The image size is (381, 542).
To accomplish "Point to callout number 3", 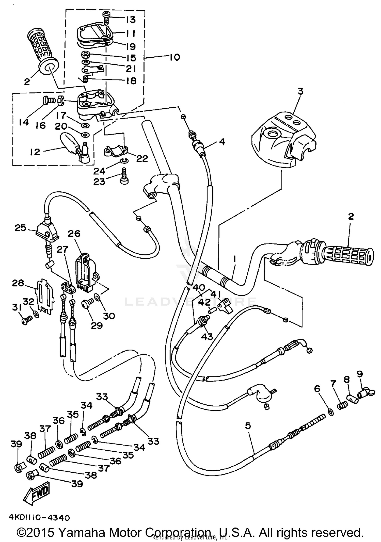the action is click(300, 91).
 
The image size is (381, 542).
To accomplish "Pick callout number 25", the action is click(20, 228).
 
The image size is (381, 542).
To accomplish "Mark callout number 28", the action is click(18, 283).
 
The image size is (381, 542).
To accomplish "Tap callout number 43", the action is click(207, 337).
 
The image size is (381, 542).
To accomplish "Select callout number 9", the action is click(359, 374).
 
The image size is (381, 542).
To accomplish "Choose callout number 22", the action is click(142, 159).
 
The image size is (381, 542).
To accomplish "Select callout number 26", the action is click(74, 234).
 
